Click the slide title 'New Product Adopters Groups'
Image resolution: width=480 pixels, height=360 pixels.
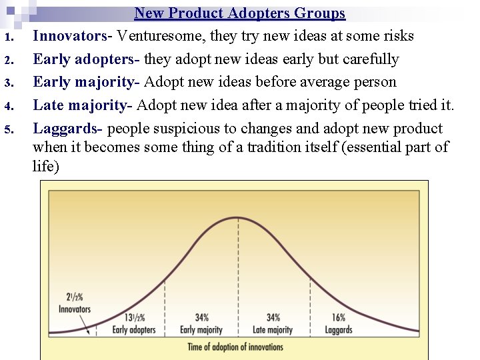239,13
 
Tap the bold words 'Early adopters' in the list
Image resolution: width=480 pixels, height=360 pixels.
83,59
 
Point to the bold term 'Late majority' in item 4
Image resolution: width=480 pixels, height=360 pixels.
79,105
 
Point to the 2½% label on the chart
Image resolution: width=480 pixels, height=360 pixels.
75,297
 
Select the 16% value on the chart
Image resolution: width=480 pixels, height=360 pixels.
338,318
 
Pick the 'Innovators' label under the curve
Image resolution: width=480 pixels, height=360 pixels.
75,309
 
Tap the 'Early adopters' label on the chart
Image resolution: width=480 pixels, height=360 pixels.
134,329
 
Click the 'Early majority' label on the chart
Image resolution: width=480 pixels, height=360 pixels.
201,329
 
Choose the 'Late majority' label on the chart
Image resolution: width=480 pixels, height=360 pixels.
273,329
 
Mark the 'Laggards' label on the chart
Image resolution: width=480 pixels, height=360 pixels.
338,329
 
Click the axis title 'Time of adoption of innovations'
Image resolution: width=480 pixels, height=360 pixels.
235,347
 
